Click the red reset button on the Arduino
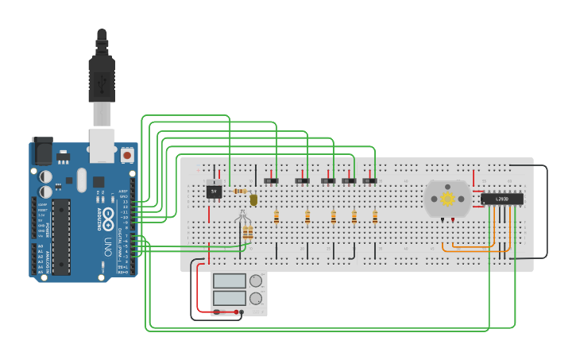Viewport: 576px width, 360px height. (127, 156)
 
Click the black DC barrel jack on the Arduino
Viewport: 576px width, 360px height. (41, 151)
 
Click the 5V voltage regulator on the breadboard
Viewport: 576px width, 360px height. (214, 191)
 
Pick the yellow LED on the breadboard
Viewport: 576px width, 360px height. (253, 200)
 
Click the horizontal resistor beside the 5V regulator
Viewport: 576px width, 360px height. (238, 191)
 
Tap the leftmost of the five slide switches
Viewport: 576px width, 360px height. (271, 181)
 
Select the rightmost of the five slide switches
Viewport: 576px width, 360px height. (369, 181)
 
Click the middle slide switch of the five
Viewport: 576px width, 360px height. (328, 181)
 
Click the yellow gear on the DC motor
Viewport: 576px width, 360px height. (447, 199)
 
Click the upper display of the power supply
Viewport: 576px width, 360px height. (230, 281)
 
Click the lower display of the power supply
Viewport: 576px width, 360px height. (230, 298)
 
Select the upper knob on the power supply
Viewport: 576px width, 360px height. (256, 281)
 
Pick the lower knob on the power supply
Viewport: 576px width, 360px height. (256, 299)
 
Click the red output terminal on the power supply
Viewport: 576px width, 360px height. (239, 312)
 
